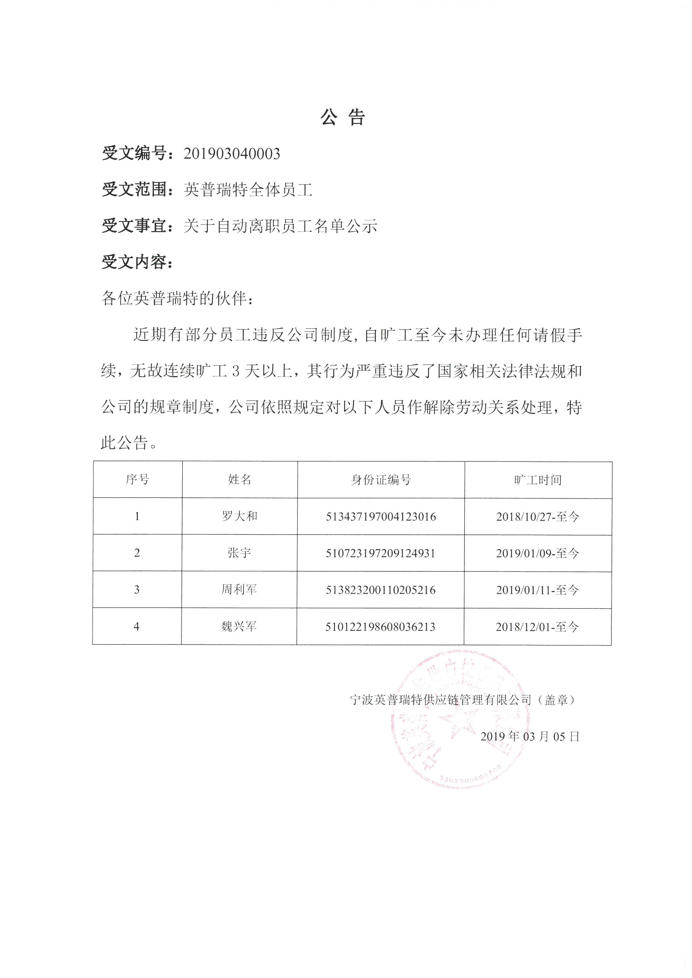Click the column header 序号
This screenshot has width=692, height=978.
[x=137, y=480]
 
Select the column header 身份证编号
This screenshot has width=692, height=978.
[x=381, y=480]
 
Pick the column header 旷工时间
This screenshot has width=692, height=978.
[x=538, y=480]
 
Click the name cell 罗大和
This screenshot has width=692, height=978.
[x=239, y=516]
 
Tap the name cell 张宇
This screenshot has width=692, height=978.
[x=239, y=553]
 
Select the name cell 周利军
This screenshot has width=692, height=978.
[x=239, y=590]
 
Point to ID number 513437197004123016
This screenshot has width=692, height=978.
[x=381, y=517]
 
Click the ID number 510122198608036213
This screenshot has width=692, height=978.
[x=380, y=627]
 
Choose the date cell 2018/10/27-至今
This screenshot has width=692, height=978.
[x=538, y=517]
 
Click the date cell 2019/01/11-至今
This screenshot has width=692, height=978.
[x=537, y=590]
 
